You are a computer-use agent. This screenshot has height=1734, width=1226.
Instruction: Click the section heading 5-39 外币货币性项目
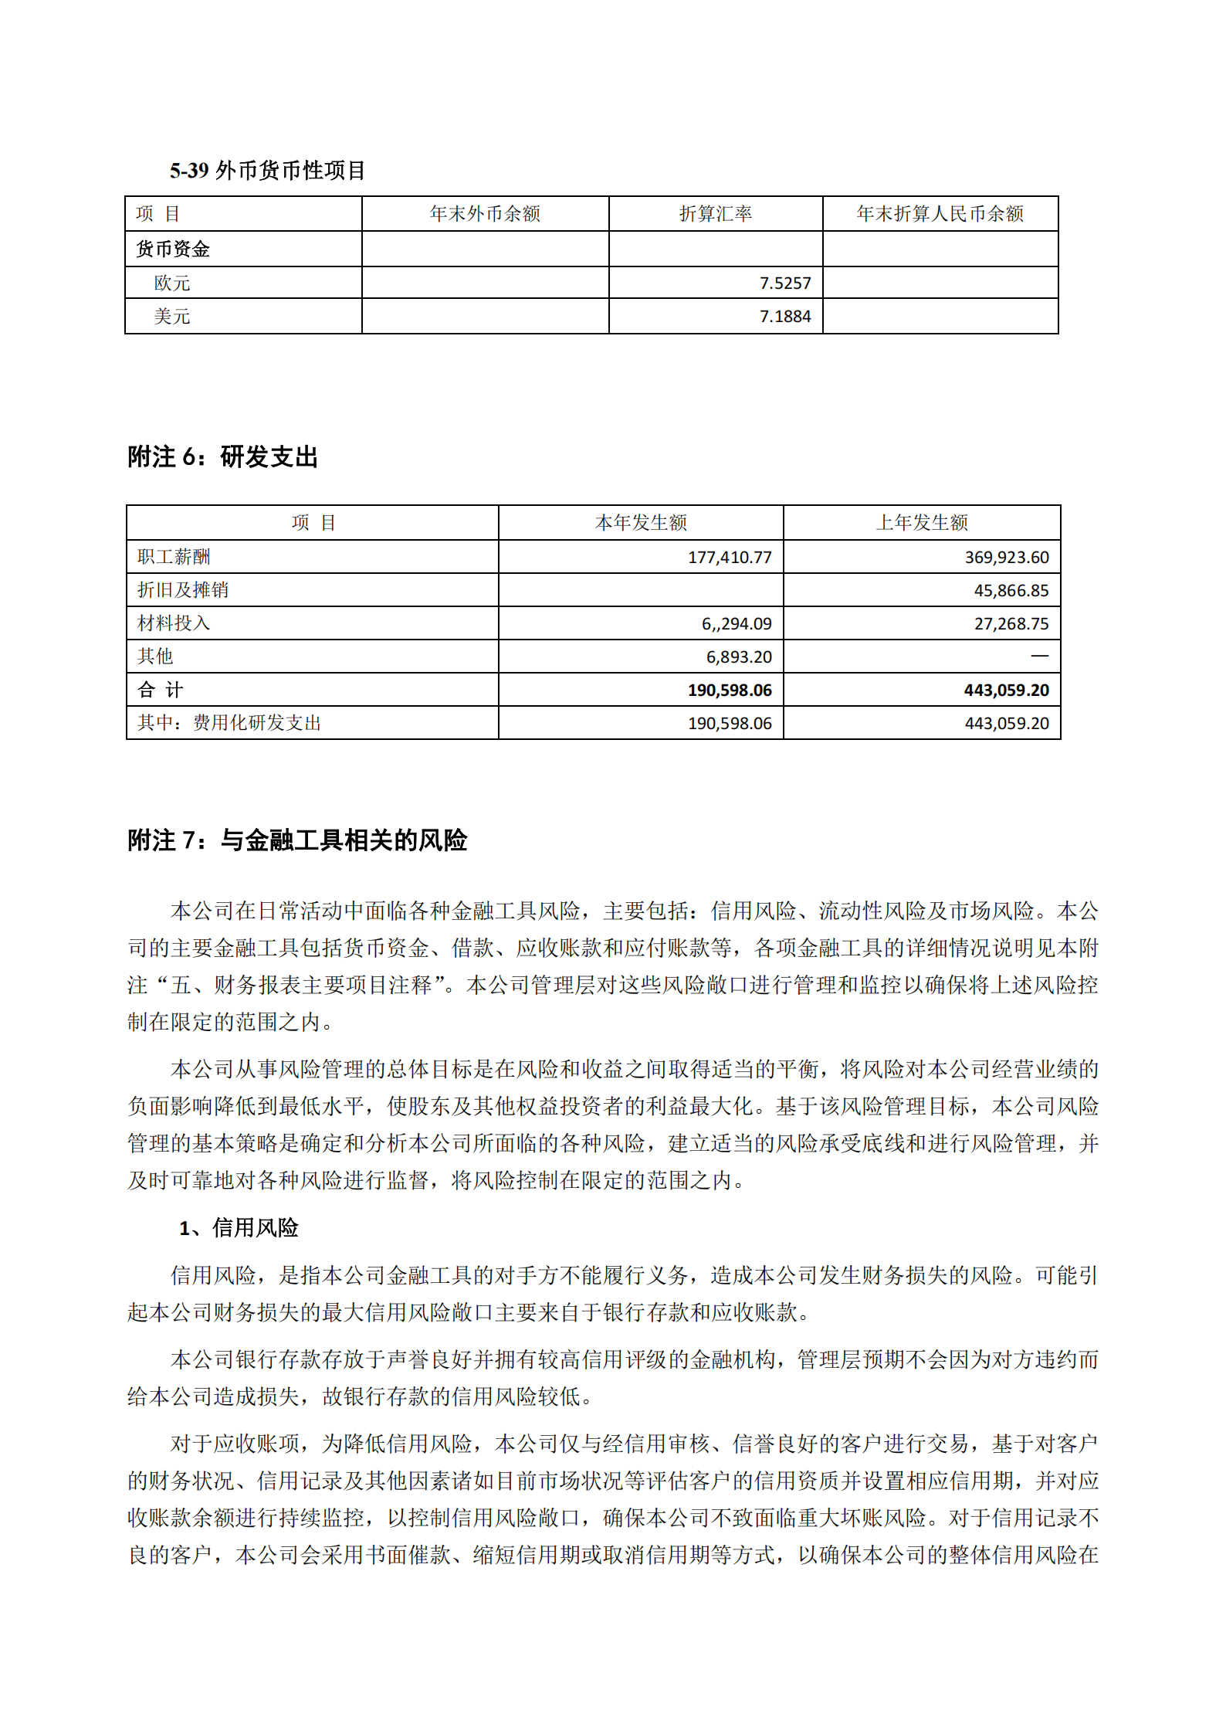point(267,171)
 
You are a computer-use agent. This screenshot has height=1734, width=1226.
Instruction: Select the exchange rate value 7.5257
point(784,283)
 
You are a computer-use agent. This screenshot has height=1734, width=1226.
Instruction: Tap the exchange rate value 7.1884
point(784,317)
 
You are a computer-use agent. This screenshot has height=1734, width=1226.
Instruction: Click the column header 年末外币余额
point(485,214)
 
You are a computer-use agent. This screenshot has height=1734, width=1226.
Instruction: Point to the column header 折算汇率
point(715,214)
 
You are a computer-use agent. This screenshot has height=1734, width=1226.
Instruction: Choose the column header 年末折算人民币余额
point(940,214)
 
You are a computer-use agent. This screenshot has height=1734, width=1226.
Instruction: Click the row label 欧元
point(172,283)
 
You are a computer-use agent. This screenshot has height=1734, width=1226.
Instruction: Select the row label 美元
point(172,317)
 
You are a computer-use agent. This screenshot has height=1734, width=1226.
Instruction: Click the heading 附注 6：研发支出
point(223,457)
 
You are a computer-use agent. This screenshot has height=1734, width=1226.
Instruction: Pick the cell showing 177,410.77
point(729,558)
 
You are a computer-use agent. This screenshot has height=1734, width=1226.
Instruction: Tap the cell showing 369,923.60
point(1006,558)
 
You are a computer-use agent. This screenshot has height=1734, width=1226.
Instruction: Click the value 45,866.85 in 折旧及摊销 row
point(1011,591)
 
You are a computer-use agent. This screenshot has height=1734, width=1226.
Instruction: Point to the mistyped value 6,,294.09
point(736,624)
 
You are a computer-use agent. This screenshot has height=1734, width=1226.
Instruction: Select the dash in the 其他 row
point(1039,657)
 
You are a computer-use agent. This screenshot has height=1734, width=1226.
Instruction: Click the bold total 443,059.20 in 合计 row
point(1006,691)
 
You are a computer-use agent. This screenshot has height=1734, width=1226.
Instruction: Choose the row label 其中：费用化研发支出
point(229,723)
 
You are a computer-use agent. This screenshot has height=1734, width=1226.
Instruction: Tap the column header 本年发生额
point(641,523)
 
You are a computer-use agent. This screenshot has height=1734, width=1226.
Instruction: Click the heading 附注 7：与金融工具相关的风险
point(297,840)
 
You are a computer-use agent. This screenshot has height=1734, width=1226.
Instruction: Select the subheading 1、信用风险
point(239,1228)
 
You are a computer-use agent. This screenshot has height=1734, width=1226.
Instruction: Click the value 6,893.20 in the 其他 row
point(738,657)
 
